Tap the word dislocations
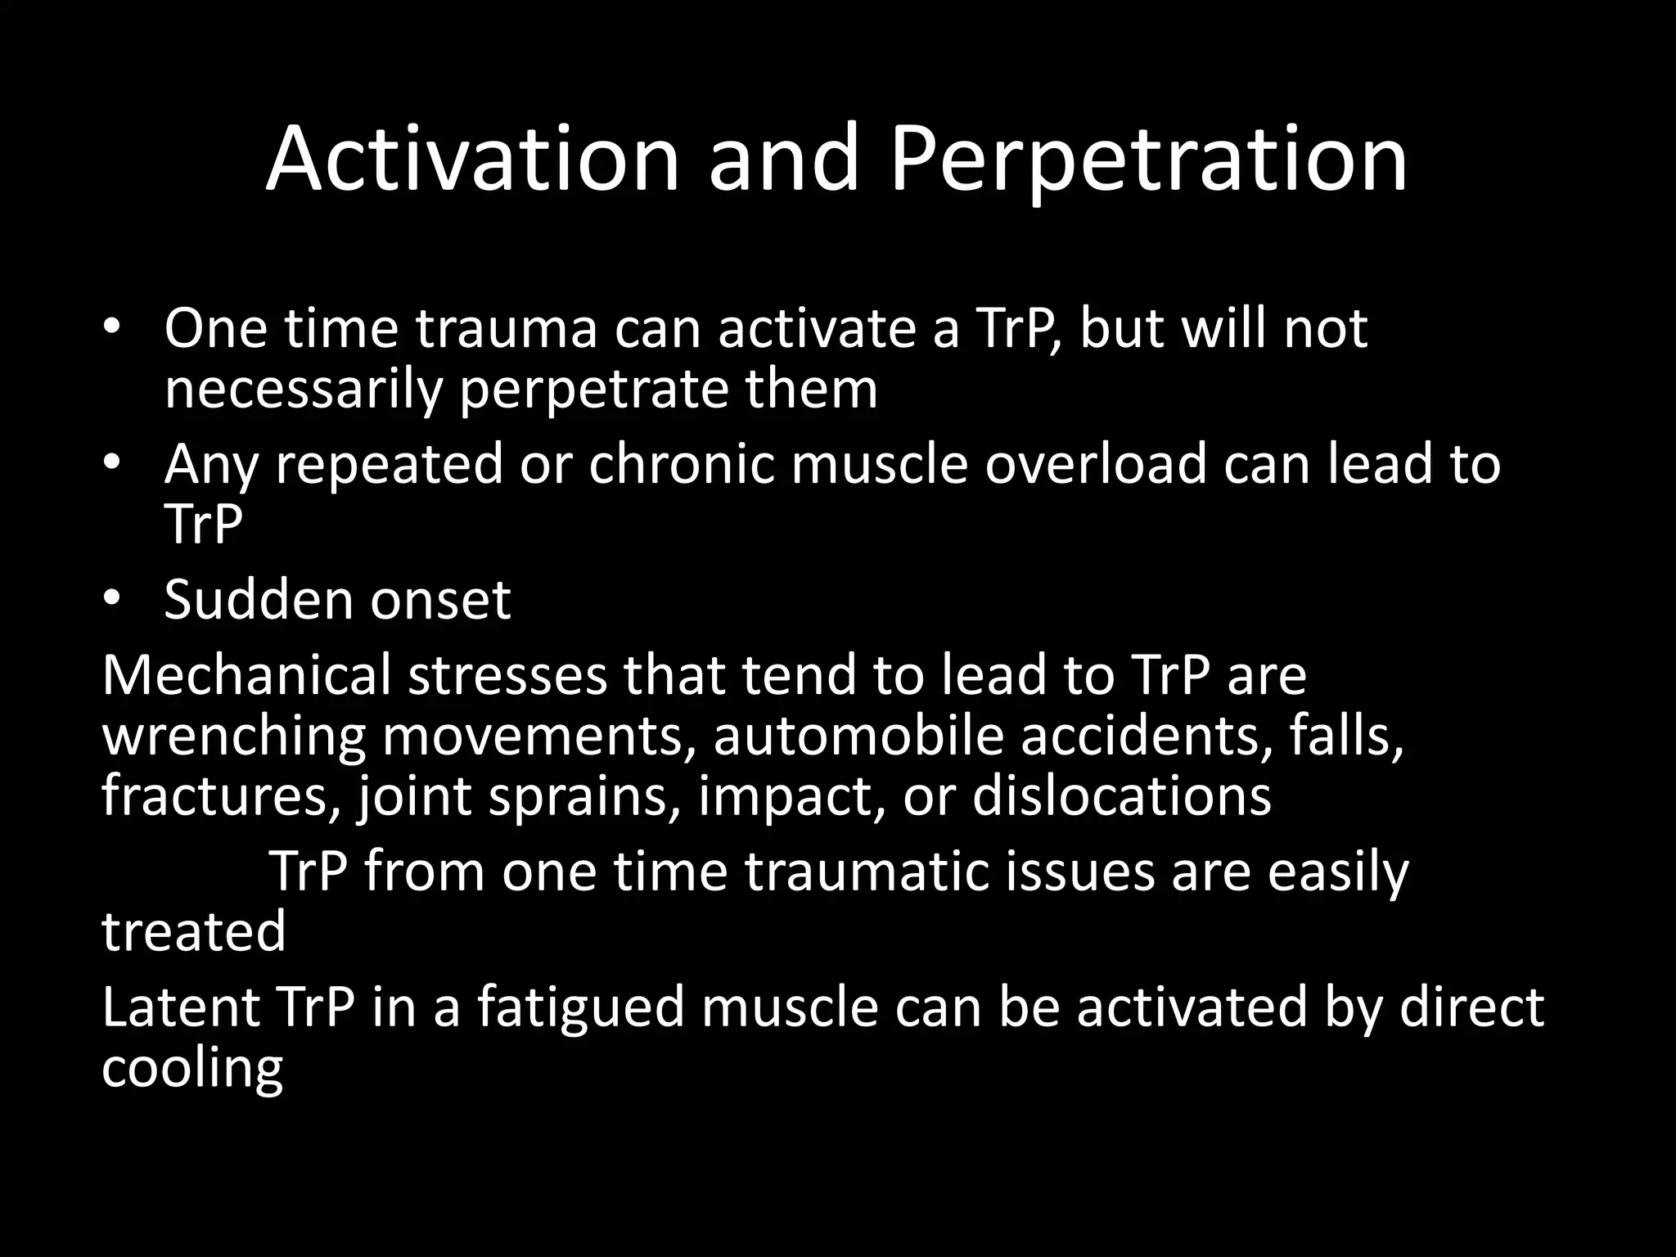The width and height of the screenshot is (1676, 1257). click(x=1121, y=795)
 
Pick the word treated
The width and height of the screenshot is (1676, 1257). click(x=193, y=931)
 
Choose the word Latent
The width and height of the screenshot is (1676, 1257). click(x=181, y=1007)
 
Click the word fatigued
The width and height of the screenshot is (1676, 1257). click(x=580, y=1007)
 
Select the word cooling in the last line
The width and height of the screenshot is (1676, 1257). click(x=192, y=1067)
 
